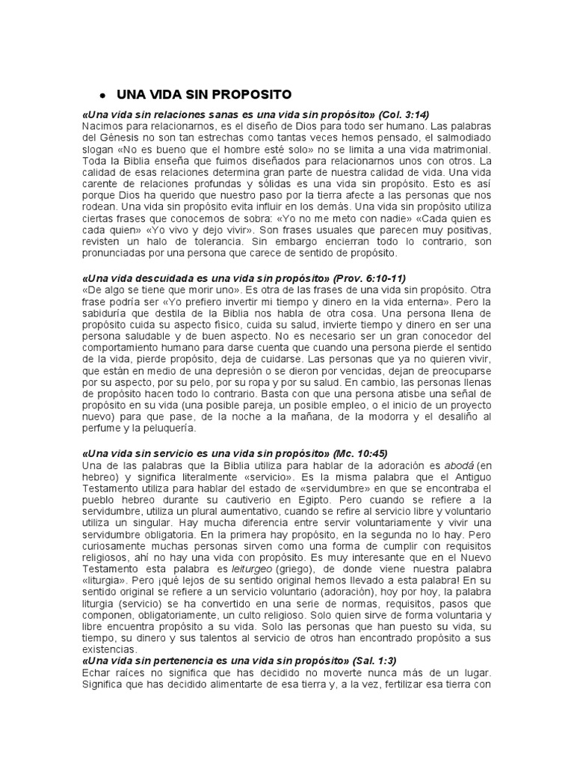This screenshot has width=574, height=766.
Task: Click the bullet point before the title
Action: (x=101, y=96)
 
